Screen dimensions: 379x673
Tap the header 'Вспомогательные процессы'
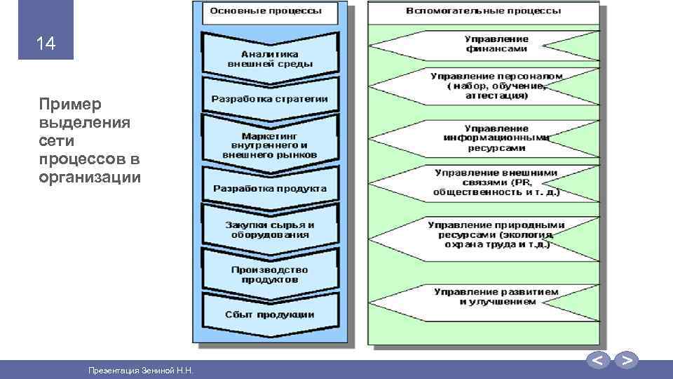coord(484,11)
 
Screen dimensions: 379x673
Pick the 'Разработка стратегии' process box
coord(270,99)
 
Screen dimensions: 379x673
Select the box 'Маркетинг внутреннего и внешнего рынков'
coord(270,143)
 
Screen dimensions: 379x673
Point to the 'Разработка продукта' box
coord(270,189)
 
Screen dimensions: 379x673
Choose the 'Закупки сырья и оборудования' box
coord(270,230)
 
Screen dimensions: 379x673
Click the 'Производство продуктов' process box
coord(270,274)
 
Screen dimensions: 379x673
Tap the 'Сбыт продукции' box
coord(270,314)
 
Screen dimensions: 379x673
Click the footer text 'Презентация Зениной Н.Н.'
coord(140,370)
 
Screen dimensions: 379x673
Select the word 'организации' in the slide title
coord(90,178)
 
